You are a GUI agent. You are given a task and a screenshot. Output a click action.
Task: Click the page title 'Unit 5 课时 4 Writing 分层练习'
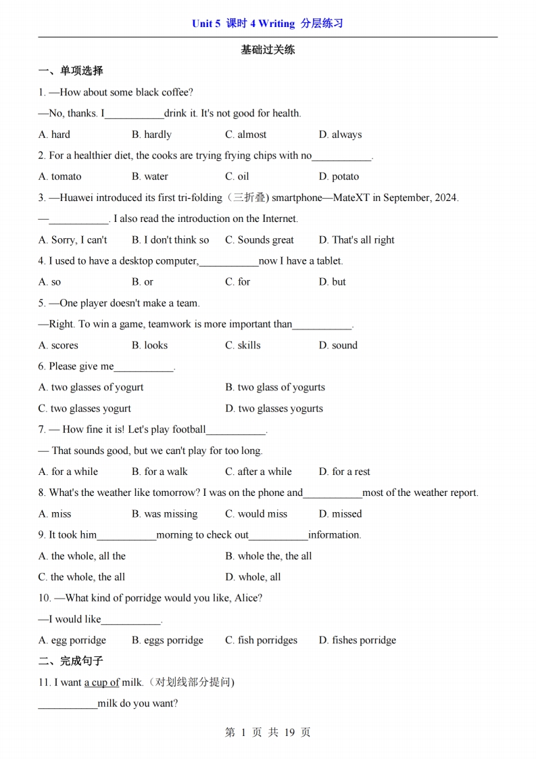[x=268, y=24]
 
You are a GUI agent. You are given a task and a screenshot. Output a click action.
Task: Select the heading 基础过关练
[x=268, y=49]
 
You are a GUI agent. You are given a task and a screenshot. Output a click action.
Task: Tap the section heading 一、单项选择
[x=71, y=70]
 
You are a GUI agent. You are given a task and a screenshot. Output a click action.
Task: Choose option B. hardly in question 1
[x=151, y=135]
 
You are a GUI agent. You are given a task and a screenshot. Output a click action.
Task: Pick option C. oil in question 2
[x=237, y=177]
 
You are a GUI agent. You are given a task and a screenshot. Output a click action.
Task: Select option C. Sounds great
[x=260, y=240]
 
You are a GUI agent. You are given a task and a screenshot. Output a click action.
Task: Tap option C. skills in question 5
[x=243, y=345]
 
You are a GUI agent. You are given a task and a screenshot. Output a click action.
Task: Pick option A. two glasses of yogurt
[x=91, y=388]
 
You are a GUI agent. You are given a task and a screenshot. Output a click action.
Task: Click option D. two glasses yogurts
[x=274, y=409]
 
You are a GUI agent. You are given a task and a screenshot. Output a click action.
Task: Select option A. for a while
[x=68, y=471]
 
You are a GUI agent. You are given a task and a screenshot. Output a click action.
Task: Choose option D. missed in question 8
[x=340, y=514]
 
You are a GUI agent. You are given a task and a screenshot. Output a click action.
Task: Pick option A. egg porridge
[x=72, y=640]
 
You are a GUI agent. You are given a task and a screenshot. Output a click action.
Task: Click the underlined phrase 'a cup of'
[x=101, y=683]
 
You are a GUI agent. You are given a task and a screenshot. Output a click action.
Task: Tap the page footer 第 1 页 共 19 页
[x=268, y=732]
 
